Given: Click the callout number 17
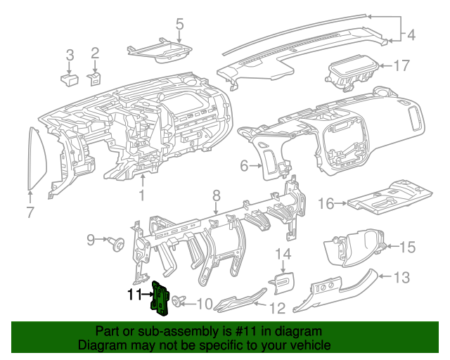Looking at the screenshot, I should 401,67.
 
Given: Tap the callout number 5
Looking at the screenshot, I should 179,25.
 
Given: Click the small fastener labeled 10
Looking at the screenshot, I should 176,302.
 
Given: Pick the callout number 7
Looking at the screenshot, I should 30,212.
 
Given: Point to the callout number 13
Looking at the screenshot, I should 400,278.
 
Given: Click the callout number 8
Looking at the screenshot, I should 217,195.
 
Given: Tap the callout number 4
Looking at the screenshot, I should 411,33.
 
